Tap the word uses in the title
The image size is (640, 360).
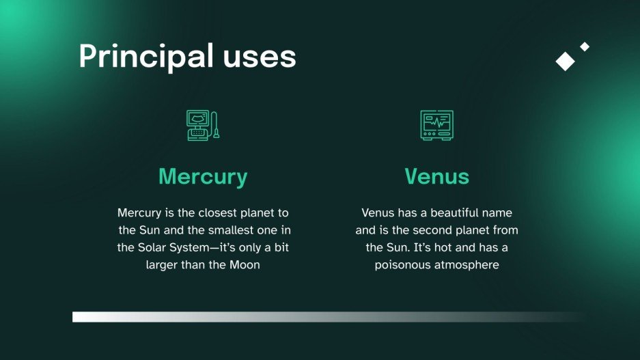259,56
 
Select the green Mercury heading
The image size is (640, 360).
203,176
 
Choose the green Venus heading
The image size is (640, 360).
436,176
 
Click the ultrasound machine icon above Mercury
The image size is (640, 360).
203,126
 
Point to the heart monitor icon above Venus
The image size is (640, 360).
436,126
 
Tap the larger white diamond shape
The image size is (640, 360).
565,61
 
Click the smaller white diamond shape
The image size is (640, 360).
585,46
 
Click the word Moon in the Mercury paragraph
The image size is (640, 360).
244,264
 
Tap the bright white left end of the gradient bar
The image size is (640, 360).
79,316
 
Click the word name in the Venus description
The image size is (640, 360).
499,213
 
